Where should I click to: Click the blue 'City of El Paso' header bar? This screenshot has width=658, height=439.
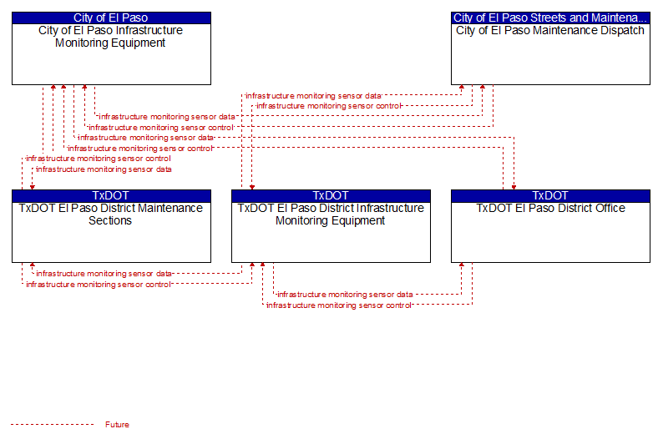coord(111,18)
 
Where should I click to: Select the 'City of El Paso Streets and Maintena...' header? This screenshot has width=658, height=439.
coord(550,18)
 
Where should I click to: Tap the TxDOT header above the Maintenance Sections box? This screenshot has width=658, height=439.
coord(111,196)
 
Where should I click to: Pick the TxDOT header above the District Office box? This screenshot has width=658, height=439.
coord(550,196)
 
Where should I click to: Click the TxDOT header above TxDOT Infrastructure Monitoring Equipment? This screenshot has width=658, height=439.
coord(332,196)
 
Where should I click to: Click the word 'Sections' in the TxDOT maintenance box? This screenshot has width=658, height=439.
coord(110,220)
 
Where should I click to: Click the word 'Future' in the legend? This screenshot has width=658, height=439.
coord(117,425)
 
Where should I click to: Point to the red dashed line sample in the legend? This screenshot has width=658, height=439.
coord(53,425)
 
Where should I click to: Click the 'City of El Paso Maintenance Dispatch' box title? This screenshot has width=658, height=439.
coord(550,31)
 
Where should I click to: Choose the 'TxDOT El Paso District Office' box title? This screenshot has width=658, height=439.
coord(550,208)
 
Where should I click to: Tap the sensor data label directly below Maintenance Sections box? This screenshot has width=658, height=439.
coord(104,274)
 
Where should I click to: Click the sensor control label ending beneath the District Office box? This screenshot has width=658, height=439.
coord(339,305)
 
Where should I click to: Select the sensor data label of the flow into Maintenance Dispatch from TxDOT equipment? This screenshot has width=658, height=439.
coord(313,96)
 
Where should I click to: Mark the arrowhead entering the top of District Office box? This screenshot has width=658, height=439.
coord(514,187)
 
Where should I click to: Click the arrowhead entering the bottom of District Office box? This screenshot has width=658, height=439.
coord(462,265)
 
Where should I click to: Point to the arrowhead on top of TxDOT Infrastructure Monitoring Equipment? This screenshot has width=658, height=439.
coord(252,187)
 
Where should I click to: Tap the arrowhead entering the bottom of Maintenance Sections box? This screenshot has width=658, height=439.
coord(33,265)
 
